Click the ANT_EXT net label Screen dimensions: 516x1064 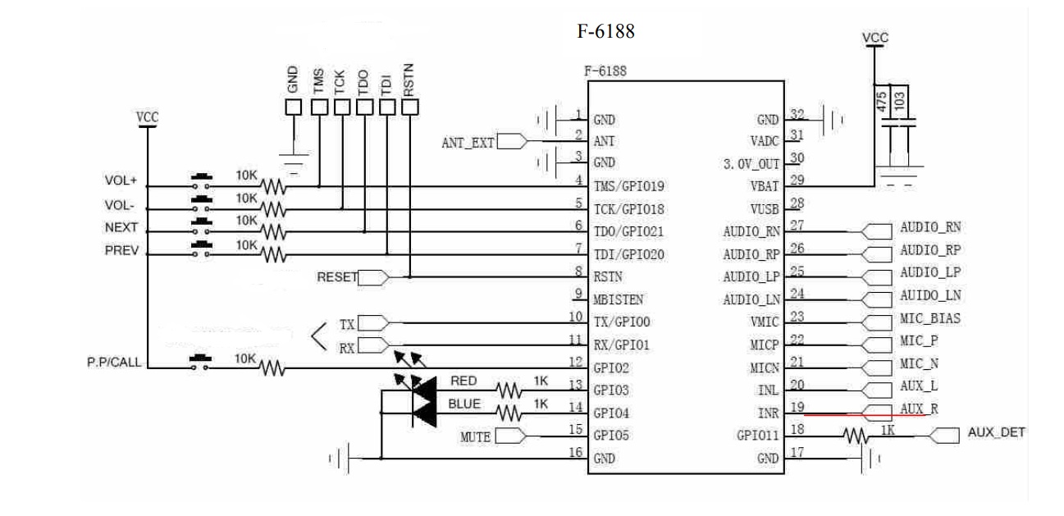[x=468, y=142]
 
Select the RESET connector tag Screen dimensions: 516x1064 [x=337, y=277]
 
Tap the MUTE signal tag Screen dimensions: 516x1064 [x=475, y=436]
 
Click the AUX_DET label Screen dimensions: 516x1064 [x=996, y=432]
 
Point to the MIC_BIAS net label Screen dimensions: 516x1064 [x=929, y=318]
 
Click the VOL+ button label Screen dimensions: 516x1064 [x=121, y=180]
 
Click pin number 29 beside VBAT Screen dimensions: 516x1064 [x=796, y=181]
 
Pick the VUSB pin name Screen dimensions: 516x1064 [x=764, y=209]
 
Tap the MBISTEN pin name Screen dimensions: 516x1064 [x=619, y=299]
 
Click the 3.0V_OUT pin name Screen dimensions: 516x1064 [x=751, y=163]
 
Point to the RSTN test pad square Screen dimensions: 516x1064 [x=409, y=107]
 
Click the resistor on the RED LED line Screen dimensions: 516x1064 [x=509, y=388]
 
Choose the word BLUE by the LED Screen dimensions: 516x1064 [x=464, y=404]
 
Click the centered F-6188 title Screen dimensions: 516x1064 [x=606, y=32]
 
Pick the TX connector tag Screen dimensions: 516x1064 [x=347, y=324]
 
